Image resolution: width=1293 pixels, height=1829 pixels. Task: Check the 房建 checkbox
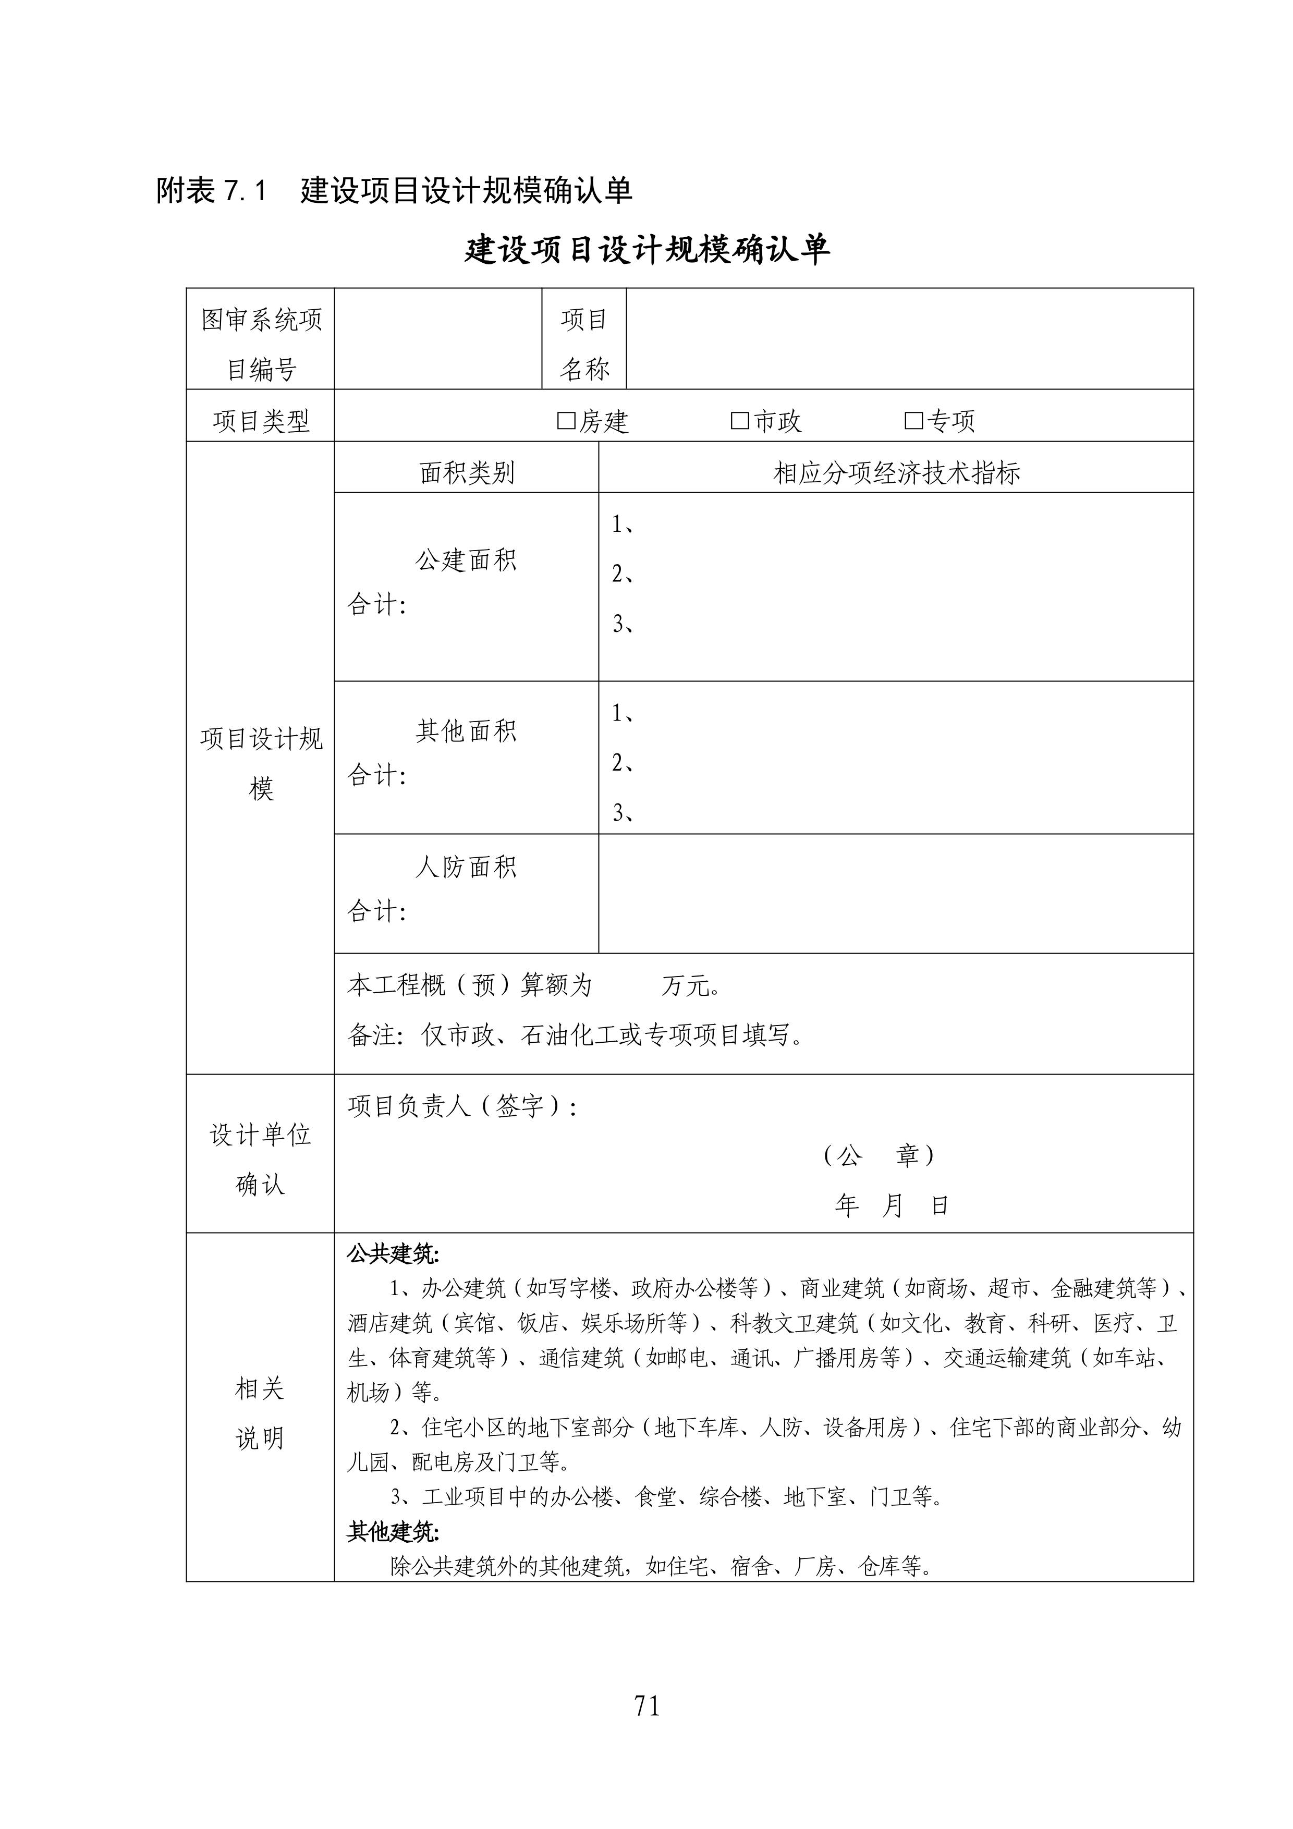pos(566,421)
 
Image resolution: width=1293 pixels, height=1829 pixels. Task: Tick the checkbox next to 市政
pos(739,421)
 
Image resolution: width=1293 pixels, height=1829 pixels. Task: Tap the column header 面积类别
pos(467,473)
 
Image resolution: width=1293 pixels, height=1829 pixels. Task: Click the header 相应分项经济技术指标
pos(896,473)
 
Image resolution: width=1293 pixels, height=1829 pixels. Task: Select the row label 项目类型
pos(261,421)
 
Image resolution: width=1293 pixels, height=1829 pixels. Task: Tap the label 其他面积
pos(466,730)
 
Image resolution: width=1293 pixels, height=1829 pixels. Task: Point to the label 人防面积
pos(466,867)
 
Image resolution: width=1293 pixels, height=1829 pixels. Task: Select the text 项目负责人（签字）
pos(462,1106)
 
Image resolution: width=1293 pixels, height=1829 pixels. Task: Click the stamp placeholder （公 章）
pos(879,1156)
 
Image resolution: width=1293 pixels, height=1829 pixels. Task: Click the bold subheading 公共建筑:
pos(393,1254)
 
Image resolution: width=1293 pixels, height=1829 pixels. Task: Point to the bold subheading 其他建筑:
pos(393,1531)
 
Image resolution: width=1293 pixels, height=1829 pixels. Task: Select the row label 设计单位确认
pos(261,1159)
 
